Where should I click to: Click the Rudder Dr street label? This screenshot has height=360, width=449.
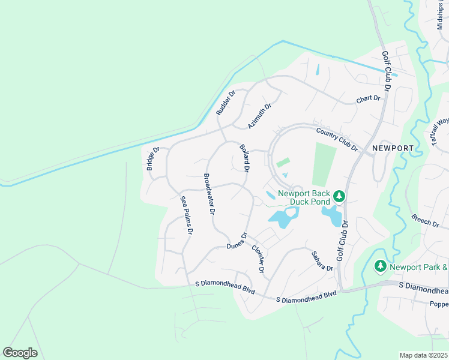pos(226,102)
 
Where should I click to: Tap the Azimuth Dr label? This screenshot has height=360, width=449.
pos(260,116)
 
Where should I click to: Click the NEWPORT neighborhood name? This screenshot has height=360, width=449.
pos(393,148)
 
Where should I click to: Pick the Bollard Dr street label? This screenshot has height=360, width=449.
pos(244,157)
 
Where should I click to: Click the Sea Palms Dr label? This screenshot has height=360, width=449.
pos(187,215)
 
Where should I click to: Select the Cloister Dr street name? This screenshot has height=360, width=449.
pos(258,259)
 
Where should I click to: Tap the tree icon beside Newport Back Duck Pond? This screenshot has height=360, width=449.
pos(339,196)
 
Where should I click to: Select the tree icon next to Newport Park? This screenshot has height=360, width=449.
pos(380,265)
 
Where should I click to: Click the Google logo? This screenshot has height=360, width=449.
pos(20,353)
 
